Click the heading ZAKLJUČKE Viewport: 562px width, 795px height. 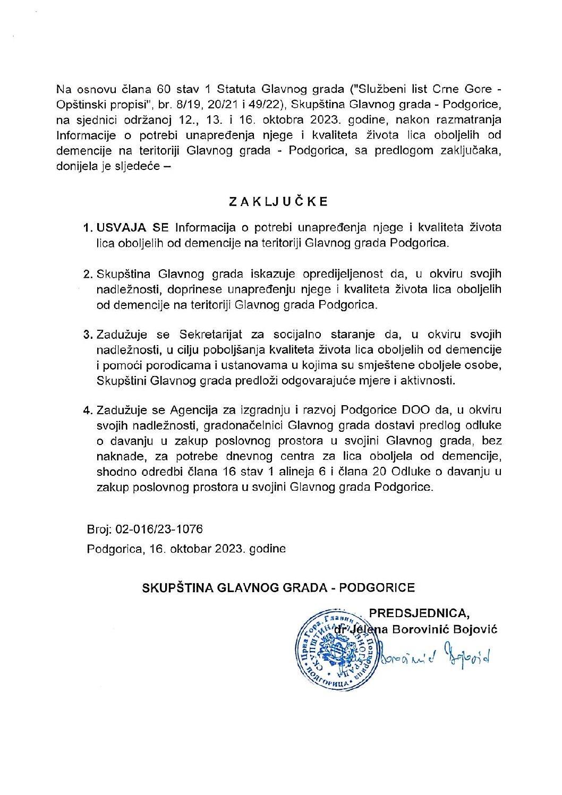(278, 202)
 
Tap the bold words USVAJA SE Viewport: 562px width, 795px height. (132, 228)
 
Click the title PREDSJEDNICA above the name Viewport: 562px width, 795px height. (419, 613)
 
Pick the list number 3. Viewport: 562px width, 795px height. (88, 335)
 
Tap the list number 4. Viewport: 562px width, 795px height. (88, 410)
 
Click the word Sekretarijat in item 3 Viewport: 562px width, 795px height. (210, 335)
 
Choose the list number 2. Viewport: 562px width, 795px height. (88, 274)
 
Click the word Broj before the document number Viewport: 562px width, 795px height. (98, 529)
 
